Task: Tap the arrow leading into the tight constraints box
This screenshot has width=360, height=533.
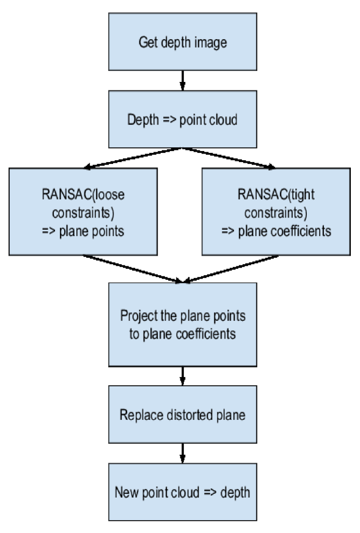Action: pos(229,158)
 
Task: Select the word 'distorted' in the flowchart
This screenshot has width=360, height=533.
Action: pos(183,414)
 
